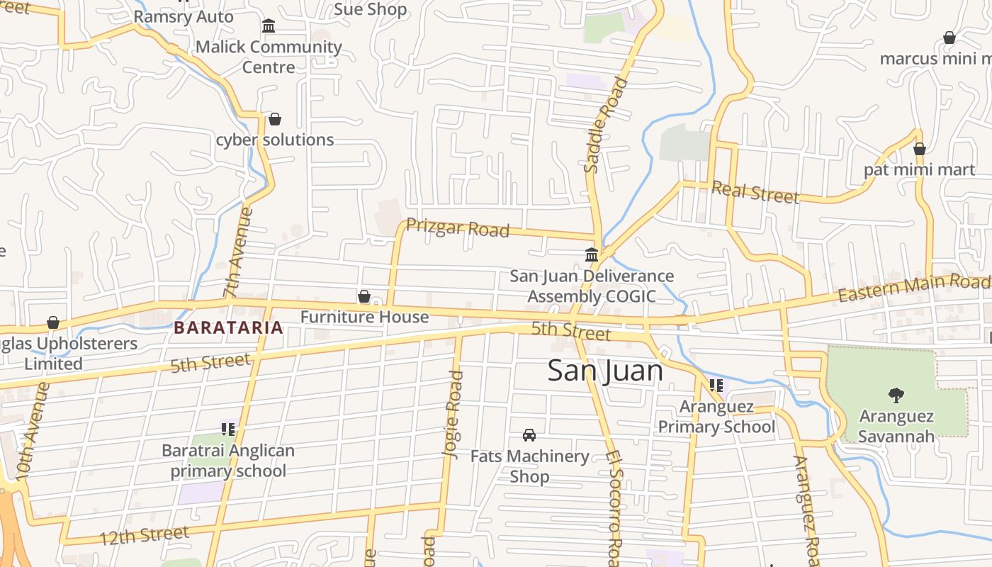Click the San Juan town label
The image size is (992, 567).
605,371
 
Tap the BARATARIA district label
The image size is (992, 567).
228,327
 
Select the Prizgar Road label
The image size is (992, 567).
458,228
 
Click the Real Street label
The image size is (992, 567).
755,191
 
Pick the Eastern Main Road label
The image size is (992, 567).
914,287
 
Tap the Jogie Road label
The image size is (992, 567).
453,402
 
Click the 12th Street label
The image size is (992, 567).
144,535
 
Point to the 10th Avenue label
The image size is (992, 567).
33,432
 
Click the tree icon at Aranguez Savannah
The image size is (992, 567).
896,395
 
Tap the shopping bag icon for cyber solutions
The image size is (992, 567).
274,119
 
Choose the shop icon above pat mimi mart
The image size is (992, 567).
920,149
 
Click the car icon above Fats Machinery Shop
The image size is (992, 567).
529,434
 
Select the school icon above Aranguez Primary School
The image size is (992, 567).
716,386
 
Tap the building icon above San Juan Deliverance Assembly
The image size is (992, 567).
592,254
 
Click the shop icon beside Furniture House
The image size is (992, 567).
364,296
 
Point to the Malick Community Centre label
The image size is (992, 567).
269,57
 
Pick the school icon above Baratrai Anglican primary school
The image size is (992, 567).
227,429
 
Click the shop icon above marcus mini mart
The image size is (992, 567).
949,38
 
